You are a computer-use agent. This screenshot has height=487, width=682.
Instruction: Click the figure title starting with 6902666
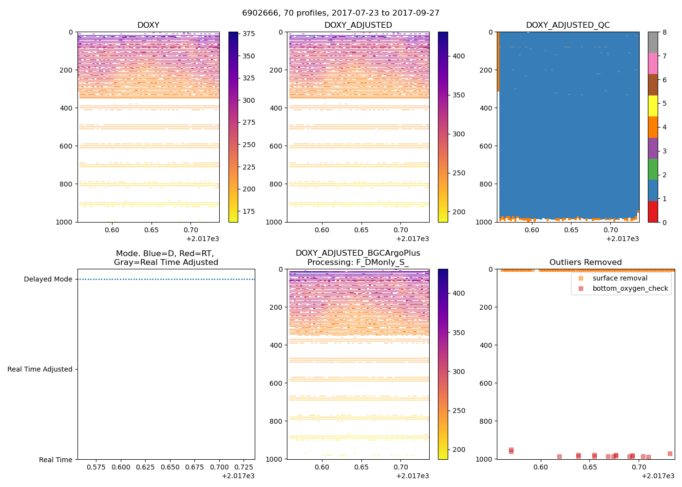click(x=341, y=13)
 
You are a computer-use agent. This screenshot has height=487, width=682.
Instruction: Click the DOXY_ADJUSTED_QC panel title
click(x=568, y=25)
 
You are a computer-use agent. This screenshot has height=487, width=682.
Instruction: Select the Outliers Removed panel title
click(x=586, y=262)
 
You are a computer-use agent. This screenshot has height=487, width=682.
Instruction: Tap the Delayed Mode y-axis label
click(x=48, y=280)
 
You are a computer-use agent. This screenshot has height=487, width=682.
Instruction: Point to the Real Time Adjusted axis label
click(x=39, y=370)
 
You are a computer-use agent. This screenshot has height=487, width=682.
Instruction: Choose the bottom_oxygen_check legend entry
click(x=630, y=289)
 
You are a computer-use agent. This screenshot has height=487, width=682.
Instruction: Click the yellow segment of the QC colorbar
click(x=653, y=106)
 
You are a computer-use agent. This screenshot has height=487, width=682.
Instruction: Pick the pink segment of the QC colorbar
click(x=653, y=63)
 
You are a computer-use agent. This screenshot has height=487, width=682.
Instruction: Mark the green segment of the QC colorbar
click(x=653, y=169)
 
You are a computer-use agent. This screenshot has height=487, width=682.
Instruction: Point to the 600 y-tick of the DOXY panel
click(x=67, y=146)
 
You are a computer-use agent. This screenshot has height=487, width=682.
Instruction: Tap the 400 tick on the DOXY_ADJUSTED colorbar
click(x=458, y=56)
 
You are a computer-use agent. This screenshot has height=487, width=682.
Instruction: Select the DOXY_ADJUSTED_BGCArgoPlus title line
click(x=358, y=253)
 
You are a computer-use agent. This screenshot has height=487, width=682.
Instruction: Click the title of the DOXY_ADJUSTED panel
click(x=358, y=25)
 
